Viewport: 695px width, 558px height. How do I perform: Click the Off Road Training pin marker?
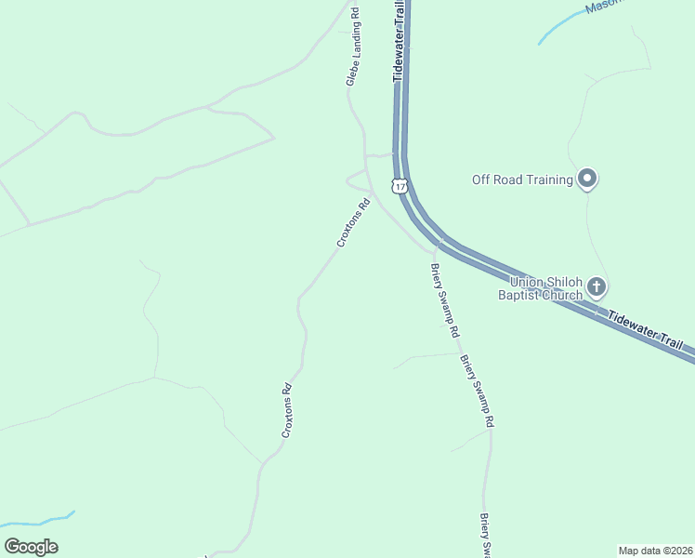coord(586,178)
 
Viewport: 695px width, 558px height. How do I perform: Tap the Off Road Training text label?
coord(522,179)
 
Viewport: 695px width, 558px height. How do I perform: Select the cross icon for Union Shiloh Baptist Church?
coord(597,286)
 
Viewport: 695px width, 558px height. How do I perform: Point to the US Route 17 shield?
coord(400,186)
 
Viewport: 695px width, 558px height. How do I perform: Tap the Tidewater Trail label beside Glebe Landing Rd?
coord(400,41)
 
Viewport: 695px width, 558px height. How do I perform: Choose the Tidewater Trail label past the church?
coord(650,331)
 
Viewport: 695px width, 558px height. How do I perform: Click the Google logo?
coord(31,547)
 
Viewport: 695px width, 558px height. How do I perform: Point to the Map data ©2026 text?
coord(655,550)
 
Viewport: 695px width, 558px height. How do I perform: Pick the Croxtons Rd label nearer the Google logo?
coord(287,411)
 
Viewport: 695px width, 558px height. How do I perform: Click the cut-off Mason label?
coord(603,7)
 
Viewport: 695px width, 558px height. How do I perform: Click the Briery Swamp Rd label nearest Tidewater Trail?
coord(444,300)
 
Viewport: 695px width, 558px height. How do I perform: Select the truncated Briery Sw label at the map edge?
coord(484,536)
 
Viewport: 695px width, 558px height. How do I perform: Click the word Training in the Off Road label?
coord(547,179)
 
